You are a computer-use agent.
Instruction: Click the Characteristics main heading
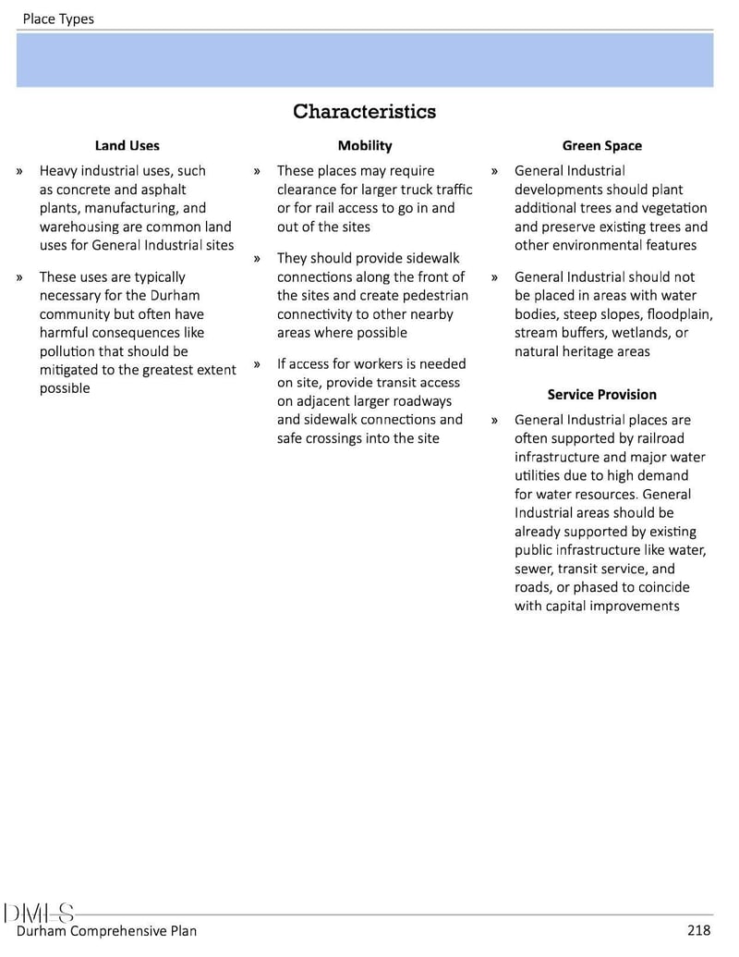tap(364, 112)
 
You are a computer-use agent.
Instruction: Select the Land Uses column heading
tap(127, 145)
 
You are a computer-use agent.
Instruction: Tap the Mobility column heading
tap(364, 145)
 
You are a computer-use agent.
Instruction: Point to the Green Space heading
tap(601, 145)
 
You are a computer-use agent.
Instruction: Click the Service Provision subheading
tap(601, 395)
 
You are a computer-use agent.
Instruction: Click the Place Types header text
tap(58, 18)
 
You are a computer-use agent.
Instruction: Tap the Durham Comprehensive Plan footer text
tap(106, 931)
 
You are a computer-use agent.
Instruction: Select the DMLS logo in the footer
tap(40, 914)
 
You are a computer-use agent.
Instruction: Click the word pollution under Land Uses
tap(67, 351)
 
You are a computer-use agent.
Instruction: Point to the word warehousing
tap(77, 227)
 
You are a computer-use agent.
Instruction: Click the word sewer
tap(534, 569)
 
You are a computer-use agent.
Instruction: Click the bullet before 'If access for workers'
tap(257, 364)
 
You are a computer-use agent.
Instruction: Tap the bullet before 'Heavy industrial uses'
tap(19, 171)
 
